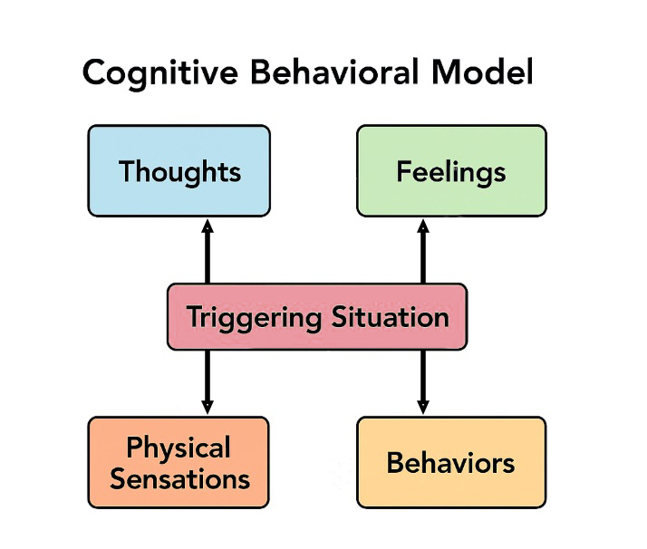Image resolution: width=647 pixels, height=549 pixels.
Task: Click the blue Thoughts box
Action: pos(179,171)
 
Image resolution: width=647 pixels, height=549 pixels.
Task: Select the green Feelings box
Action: pos(451,171)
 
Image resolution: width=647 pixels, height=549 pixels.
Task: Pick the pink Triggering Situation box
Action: pos(317,317)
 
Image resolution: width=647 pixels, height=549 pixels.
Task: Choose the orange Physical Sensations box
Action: pos(179,462)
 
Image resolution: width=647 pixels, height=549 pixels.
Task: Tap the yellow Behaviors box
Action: pos(451,462)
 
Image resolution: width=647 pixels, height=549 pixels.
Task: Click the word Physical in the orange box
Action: pos(179,448)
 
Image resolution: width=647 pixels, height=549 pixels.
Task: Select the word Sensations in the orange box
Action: pos(179,477)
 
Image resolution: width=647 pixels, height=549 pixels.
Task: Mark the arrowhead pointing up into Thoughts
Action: pos(208,226)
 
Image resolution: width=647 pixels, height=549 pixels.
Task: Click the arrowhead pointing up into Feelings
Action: pos(422,226)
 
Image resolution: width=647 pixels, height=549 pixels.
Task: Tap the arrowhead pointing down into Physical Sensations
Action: pos(208,407)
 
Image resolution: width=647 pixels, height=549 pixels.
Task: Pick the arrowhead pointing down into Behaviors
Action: pos(422,407)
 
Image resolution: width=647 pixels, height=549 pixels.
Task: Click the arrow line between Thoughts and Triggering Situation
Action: pos(208,258)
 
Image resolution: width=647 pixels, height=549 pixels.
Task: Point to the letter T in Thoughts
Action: pos(127,171)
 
